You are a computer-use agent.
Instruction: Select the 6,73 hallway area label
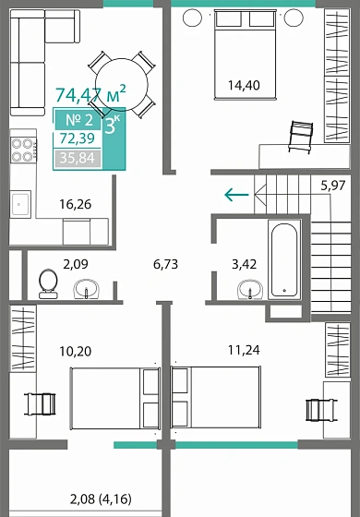(x=165, y=264)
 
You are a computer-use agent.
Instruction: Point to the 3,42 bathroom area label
(x=244, y=264)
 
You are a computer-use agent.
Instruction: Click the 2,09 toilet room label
(x=76, y=264)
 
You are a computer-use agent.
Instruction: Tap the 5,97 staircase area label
(x=334, y=186)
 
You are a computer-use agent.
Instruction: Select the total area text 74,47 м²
(x=90, y=94)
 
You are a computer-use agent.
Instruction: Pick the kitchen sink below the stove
(x=21, y=201)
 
